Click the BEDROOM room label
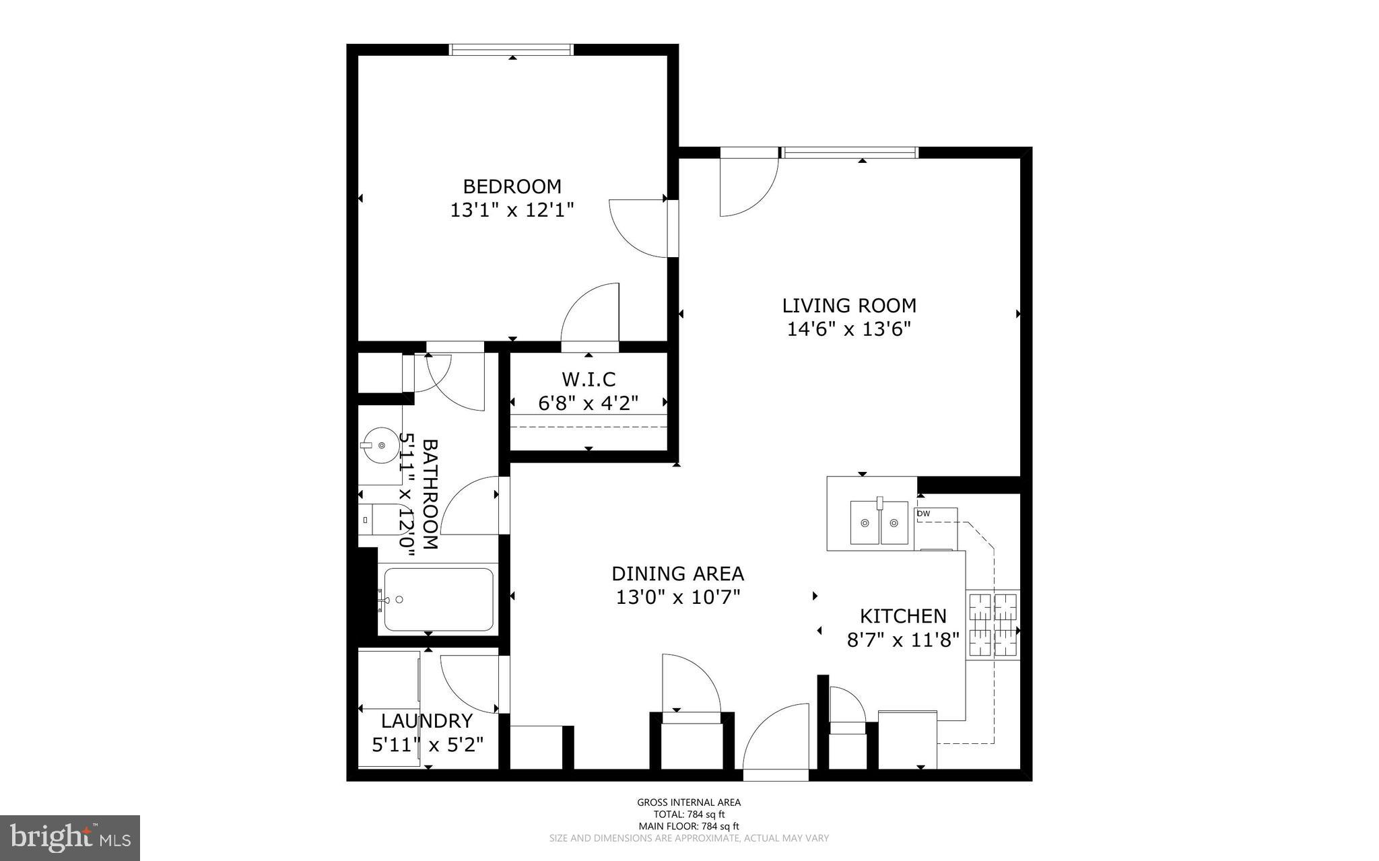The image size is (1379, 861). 512,186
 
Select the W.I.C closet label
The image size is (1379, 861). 588,380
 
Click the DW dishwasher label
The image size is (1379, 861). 924,514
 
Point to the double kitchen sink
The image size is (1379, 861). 879,522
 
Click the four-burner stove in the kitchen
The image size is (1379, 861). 993,625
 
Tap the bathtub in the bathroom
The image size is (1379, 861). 438,599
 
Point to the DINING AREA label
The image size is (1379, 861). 677,574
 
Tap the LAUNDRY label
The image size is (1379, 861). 427,721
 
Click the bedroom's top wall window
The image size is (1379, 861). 511,49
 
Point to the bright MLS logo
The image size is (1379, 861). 70,838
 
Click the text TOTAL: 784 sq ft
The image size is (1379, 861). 689,814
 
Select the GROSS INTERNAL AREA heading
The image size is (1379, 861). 689,802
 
